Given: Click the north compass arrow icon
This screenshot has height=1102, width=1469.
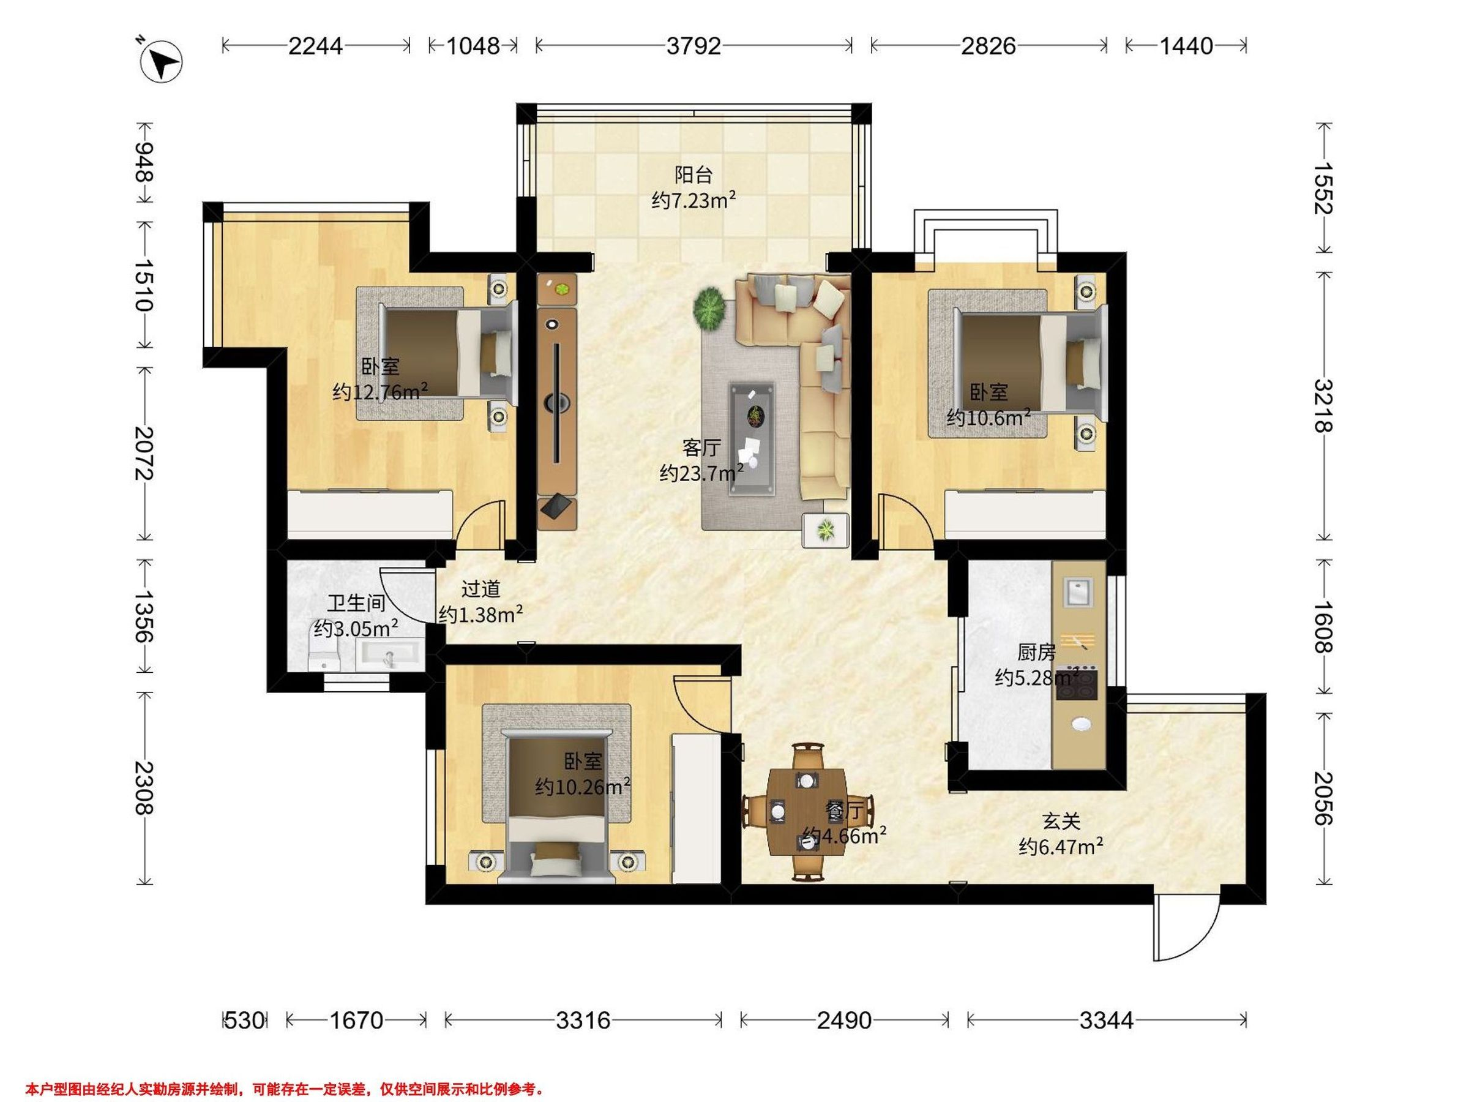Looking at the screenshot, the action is [x=162, y=62].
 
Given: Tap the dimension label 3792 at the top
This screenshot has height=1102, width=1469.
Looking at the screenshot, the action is [x=693, y=46].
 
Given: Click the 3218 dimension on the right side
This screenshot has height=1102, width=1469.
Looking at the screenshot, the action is [x=1324, y=405].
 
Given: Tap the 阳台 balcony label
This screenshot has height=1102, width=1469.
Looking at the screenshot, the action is [x=693, y=174].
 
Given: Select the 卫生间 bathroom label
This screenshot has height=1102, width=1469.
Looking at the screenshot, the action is [x=356, y=603].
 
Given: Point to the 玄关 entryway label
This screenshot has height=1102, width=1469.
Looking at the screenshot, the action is [x=1061, y=822].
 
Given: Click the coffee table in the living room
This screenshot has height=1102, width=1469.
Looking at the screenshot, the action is [x=752, y=438].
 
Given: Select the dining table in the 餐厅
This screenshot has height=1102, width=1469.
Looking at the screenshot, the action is [x=807, y=811].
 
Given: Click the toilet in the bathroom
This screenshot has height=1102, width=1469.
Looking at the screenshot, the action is [x=326, y=656].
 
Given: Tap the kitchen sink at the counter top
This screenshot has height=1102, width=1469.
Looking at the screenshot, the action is [x=1078, y=592].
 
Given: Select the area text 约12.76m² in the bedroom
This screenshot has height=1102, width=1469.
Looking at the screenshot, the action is [x=380, y=391].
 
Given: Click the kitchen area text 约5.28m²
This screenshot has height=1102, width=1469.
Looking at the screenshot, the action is [x=1037, y=678].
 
